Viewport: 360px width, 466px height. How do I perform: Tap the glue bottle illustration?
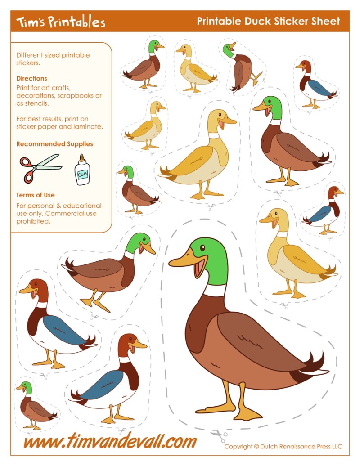[82, 170]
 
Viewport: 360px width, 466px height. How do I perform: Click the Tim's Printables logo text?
[61, 22]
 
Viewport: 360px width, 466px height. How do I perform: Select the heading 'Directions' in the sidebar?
[31, 78]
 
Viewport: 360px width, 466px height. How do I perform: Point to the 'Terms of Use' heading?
[36, 195]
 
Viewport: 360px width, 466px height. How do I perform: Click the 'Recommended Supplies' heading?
[54, 144]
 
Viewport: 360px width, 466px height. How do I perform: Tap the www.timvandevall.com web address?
[110, 441]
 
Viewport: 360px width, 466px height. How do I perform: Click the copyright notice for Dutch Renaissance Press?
[283, 447]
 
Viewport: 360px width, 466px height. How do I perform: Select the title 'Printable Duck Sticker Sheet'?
[268, 21]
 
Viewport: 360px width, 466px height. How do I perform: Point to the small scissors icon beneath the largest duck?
[219, 436]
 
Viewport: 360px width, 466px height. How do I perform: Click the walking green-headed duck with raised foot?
[108, 270]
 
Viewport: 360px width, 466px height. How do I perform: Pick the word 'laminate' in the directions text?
[89, 127]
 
